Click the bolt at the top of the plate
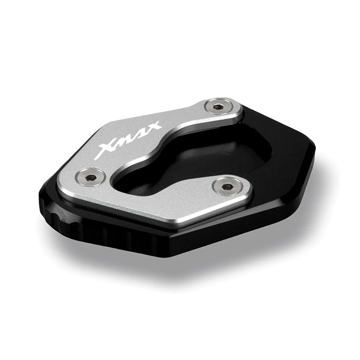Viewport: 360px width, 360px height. click(219, 106)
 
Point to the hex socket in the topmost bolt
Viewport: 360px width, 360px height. click(219, 106)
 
